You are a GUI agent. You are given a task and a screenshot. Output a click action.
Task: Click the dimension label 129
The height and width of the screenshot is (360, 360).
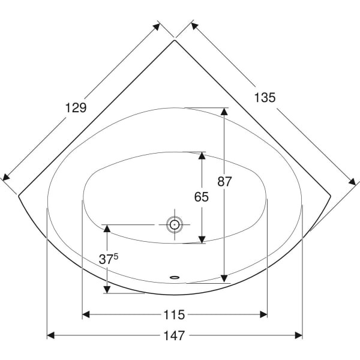tap(76, 107)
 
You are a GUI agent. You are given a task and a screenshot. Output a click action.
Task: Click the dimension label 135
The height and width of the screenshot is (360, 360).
tap(265, 97)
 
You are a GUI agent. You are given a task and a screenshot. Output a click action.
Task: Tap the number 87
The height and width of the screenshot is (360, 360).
tap(224, 181)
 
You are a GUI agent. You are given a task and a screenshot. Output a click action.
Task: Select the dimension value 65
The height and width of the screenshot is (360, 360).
tap(202, 197)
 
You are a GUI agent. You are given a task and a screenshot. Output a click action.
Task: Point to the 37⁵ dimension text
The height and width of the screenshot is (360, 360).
tap(109, 259)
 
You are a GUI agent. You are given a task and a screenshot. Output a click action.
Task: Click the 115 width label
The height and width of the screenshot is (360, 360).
tap(174, 314)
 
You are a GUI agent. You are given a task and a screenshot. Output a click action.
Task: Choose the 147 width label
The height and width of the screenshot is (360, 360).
tap(174, 335)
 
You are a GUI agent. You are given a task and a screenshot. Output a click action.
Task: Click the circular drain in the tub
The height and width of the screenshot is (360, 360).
tap(175, 224)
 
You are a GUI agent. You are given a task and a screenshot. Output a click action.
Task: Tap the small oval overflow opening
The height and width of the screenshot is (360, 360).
tap(175, 277)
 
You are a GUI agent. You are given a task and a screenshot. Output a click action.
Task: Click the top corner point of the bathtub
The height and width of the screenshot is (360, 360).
tap(175, 40)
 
